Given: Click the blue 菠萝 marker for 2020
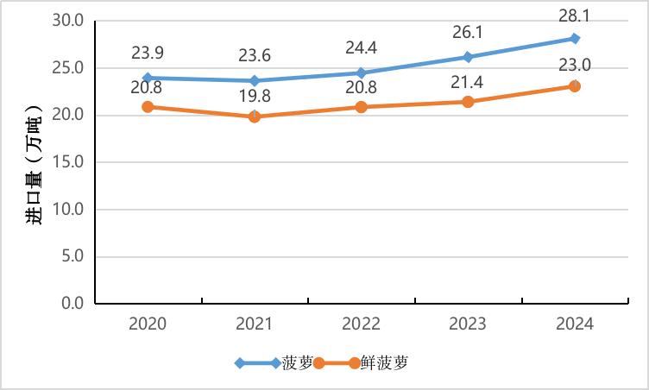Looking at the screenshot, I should point(148,78).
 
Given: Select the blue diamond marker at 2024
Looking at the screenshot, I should point(575,38).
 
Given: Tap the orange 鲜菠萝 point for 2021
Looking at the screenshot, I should point(255,116).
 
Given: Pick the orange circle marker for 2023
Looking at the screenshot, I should point(468,101).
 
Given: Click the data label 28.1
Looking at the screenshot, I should point(575,16).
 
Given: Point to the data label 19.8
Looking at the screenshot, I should point(255,96).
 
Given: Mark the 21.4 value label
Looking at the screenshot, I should point(468,81).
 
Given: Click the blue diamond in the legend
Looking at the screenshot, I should point(240,363).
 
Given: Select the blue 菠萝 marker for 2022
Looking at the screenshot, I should point(361,72).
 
